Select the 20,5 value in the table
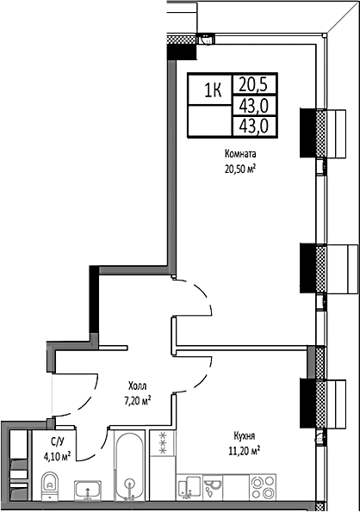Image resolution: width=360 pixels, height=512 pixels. [x=252, y=84]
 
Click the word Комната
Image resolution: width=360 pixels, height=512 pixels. [x=241, y=155]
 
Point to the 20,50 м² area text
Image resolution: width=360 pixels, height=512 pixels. [x=241, y=169]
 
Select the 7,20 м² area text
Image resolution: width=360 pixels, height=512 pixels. [x=136, y=401]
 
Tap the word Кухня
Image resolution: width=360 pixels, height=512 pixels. [x=244, y=435]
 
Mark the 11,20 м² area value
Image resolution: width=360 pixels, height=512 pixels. [x=244, y=449]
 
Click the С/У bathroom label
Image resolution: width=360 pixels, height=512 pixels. [x=57, y=441]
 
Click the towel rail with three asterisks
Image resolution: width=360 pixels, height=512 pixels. [x=162, y=442]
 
